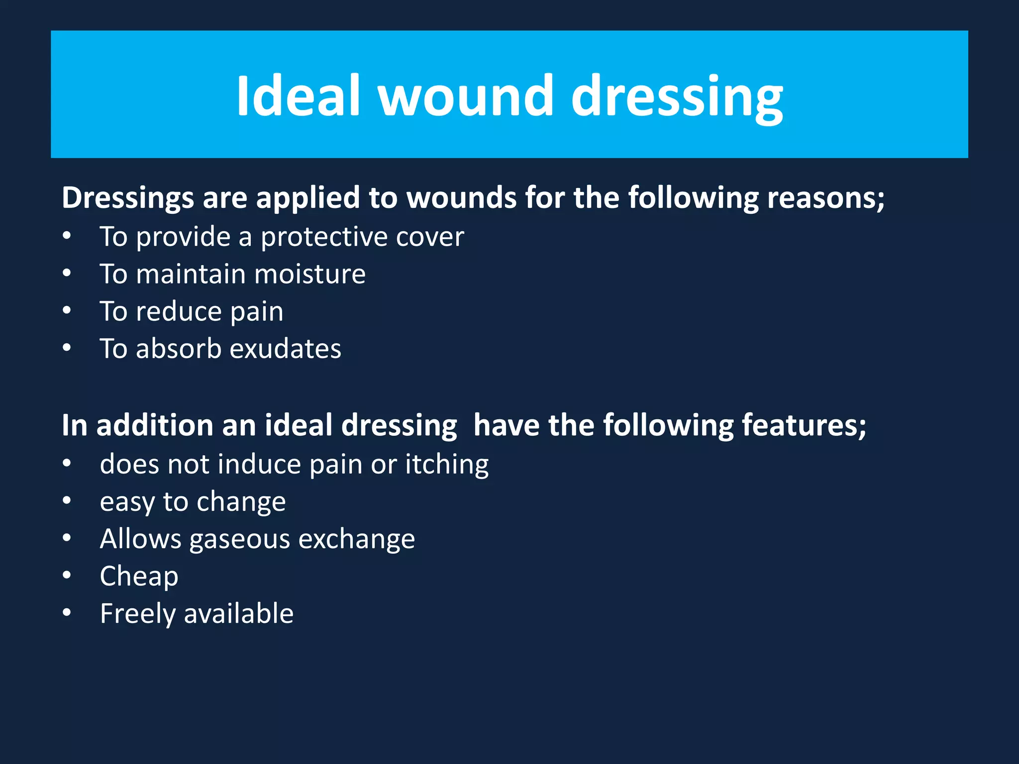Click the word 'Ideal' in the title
(298, 95)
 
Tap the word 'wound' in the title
(465, 95)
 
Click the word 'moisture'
(310, 274)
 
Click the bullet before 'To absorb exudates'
(67, 347)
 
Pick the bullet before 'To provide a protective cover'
(67, 235)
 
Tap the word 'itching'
(446, 465)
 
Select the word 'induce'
(258, 464)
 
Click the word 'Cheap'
(139, 577)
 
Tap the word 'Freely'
(137, 614)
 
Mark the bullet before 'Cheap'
(67, 575)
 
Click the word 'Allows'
(140, 539)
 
